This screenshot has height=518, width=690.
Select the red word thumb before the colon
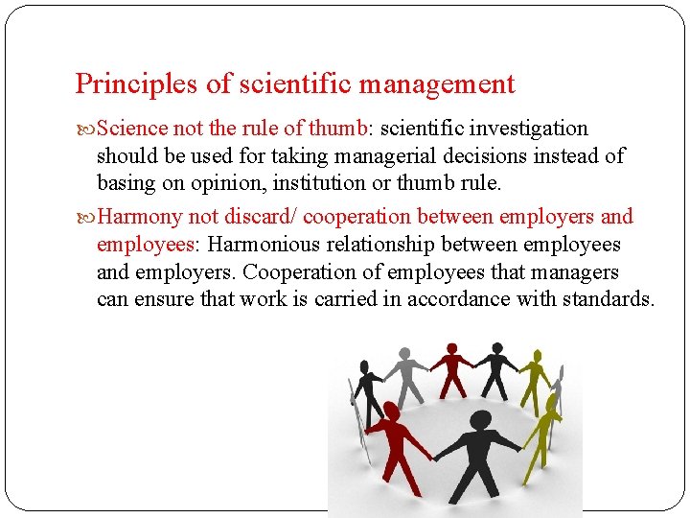coord(341,128)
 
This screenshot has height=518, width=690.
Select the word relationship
coord(430,245)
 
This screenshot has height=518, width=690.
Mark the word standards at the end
coord(606,298)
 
